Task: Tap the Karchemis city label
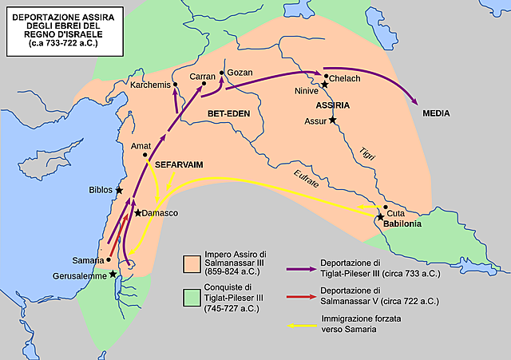pos(151,82)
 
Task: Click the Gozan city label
pos(240,73)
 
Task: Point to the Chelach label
pos(346,78)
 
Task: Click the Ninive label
pos(307,90)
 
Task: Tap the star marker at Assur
pos(333,120)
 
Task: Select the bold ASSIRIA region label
pos(332,105)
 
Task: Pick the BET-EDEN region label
pos(229,113)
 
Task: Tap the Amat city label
pos(141,146)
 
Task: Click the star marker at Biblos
pos(119,191)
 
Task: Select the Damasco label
pos(160,214)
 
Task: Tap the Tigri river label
pos(368,152)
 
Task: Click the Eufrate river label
pos(306,179)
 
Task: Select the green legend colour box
pos(192,298)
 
